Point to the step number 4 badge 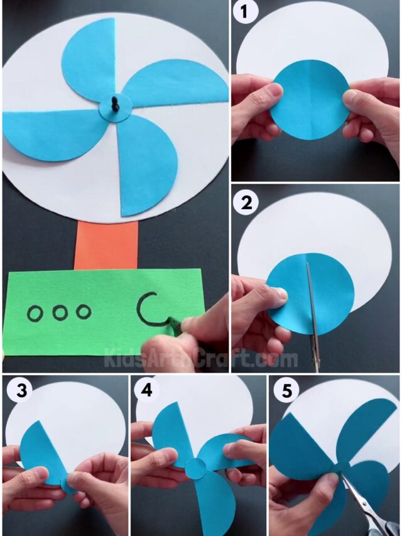(x=146, y=391)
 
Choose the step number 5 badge (x=286, y=391)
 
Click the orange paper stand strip (x=106, y=244)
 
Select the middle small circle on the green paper (x=60, y=312)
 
